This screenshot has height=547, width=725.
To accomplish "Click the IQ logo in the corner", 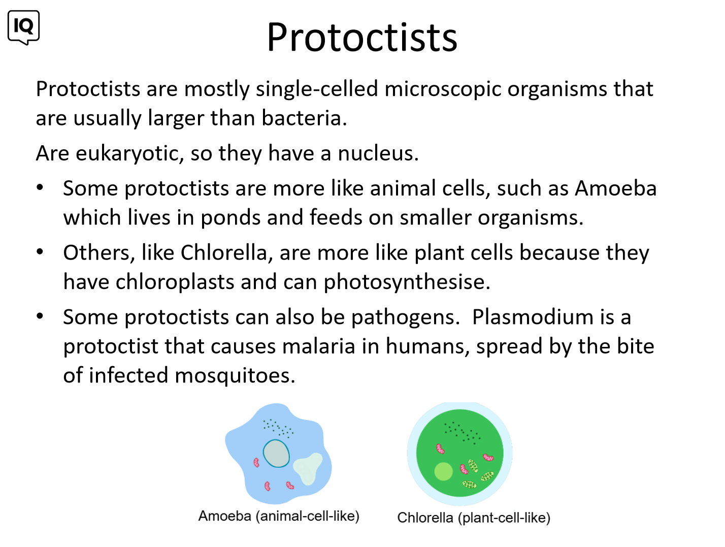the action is [23, 27].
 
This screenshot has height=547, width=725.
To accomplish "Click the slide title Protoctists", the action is [362, 37].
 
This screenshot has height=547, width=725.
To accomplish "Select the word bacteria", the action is [304, 118].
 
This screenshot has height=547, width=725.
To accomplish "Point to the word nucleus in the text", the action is [378, 153].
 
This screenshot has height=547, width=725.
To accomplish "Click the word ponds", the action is [230, 218].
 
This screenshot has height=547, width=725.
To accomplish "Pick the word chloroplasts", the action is [175, 282].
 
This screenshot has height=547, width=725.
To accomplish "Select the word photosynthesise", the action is [407, 282].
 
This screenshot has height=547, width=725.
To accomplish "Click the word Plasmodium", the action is [533, 317].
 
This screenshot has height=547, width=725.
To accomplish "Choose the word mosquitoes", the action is [235, 376].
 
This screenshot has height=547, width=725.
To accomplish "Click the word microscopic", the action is [443, 89].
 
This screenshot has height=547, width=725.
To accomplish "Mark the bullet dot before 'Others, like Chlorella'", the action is [40, 252].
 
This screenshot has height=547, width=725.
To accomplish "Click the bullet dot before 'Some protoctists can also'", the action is [40, 316].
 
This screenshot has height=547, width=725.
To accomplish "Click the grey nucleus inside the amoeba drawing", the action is [276, 453].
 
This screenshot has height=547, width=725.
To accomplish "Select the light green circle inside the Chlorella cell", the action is [443, 471].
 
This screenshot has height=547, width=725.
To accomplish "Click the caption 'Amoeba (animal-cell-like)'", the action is [279, 517].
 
